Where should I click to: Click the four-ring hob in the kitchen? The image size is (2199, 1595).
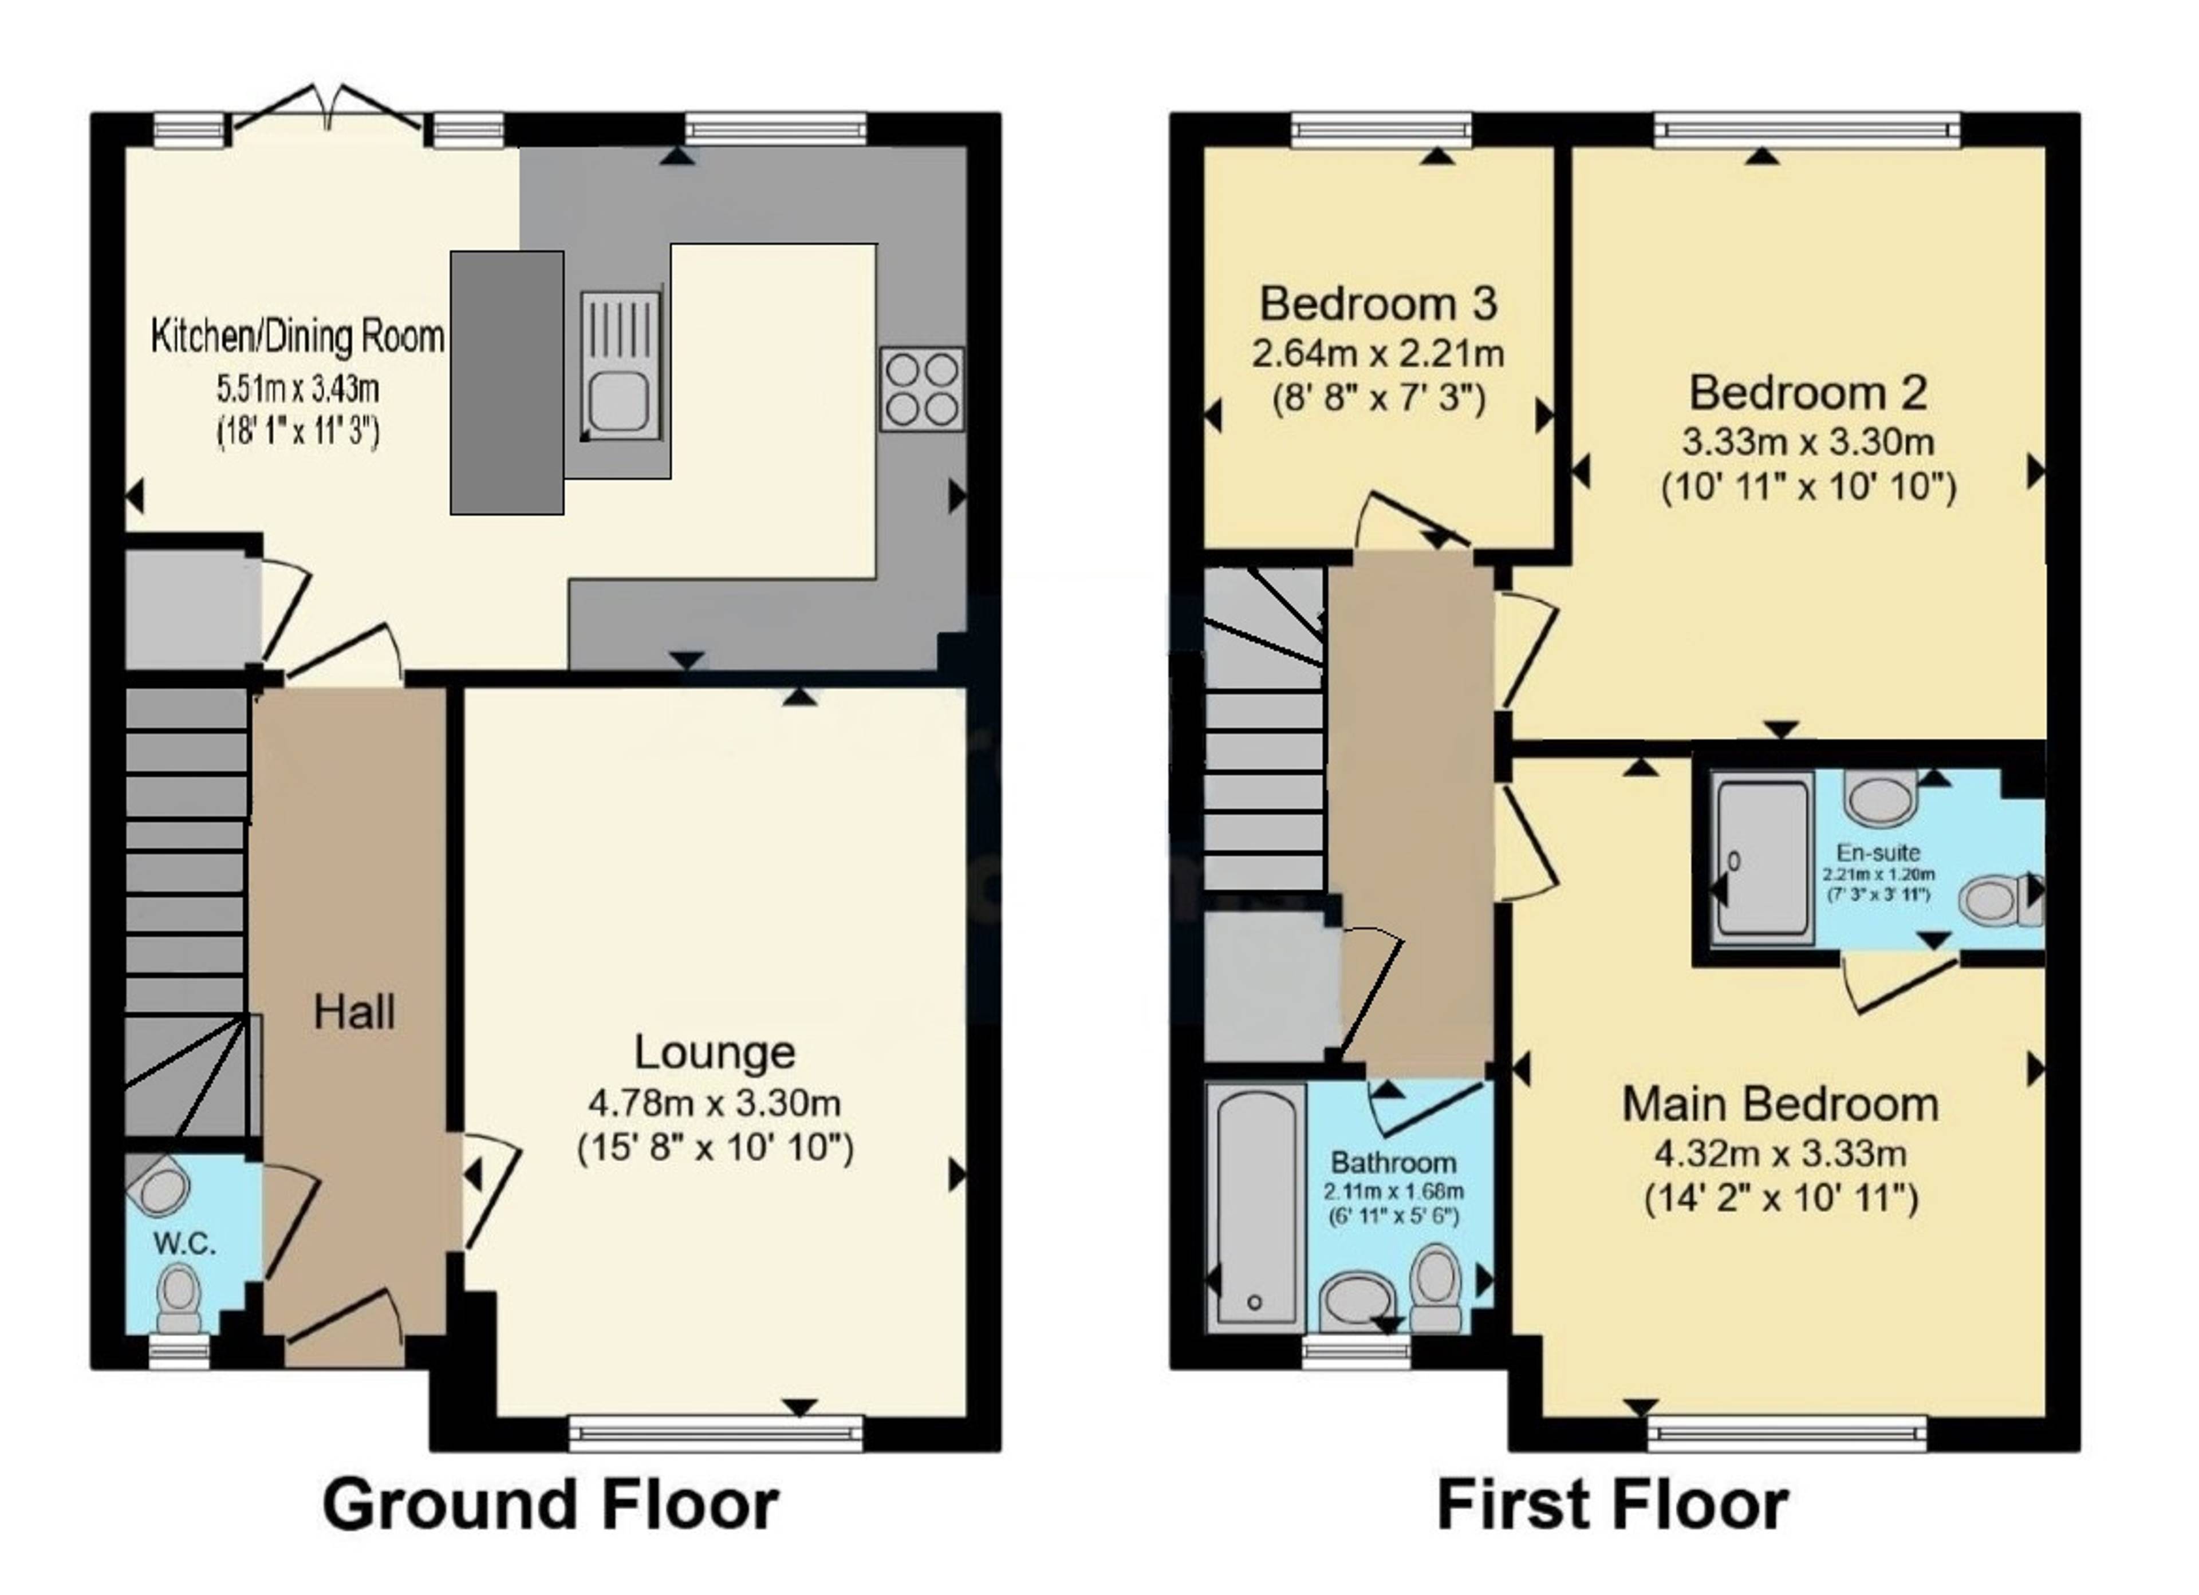click(x=922, y=389)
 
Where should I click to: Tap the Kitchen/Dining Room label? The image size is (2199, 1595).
click(x=298, y=337)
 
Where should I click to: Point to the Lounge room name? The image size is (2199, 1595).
click(x=715, y=1052)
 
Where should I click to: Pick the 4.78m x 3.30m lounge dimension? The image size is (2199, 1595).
click(x=715, y=1103)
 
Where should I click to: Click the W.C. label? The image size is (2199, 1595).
click(x=184, y=1244)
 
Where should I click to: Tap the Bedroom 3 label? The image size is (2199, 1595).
click(x=1378, y=305)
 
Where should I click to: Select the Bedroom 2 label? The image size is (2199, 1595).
click(x=1808, y=393)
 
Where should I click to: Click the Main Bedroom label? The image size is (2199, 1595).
click(x=1781, y=1104)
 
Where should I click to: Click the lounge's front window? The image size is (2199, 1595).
click(x=716, y=1433)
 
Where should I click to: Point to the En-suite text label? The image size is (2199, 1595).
click(x=1878, y=853)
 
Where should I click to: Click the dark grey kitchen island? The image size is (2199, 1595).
click(x=507, y=383)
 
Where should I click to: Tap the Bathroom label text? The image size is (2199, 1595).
click(x=1393, y=1163)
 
